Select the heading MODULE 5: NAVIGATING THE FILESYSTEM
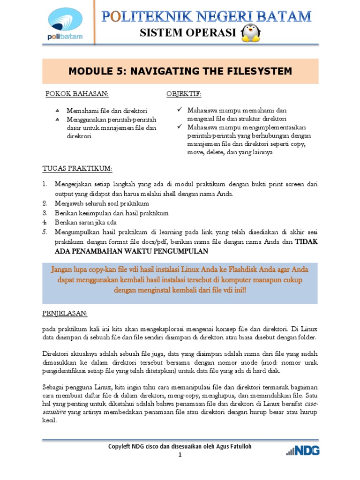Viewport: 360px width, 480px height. [180, 71]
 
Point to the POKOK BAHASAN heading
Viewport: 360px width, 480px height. [76, 94]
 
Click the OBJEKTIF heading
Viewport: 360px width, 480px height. [184, 94]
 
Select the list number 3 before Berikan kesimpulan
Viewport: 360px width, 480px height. [45, 213]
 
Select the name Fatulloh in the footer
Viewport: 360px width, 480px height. [239, 447]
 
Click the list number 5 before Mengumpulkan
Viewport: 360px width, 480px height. [45, 232]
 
